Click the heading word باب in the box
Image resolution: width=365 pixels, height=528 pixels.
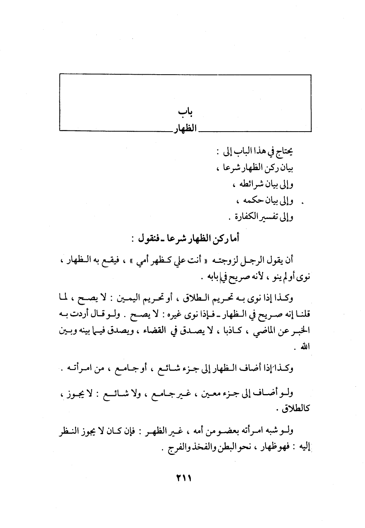tap(185, 112)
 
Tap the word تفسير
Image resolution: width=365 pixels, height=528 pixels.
tap(271, 217)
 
